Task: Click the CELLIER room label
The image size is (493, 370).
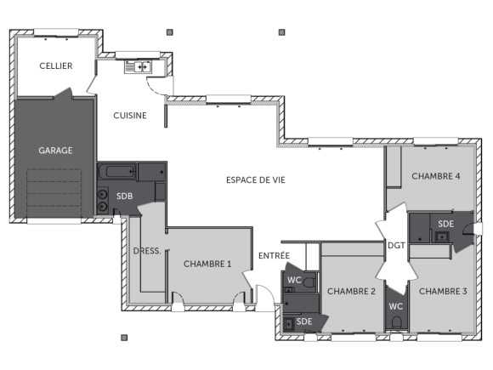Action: point(55,66)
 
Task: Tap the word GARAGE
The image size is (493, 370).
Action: point(55,151)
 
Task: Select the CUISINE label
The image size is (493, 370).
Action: point(130,116)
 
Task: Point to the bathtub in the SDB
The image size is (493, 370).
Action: point(116,172)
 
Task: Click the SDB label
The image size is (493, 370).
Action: point(124,195)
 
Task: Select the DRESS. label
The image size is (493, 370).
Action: point(147,251)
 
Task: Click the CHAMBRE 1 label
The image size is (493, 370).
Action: point(207,265)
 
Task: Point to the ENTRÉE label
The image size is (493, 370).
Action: point(274,255)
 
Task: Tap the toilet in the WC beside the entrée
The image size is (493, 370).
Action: point(309,282)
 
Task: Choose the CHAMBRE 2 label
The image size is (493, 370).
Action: point(351,291)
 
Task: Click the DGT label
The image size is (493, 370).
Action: point(395,246)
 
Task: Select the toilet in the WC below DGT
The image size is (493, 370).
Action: point(395,322)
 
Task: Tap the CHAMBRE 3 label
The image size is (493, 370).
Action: point(443,291)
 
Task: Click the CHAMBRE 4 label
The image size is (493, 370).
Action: point(436,176)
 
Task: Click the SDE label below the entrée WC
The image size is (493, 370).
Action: point(303,322)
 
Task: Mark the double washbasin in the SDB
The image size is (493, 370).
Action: point(104,202)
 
